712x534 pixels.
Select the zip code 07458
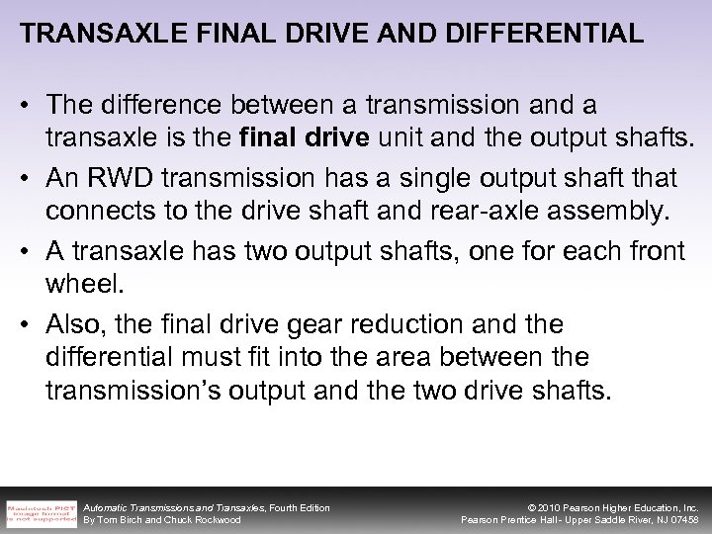(681, 520)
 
